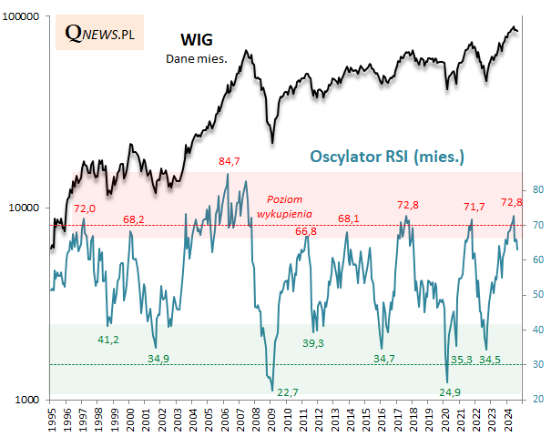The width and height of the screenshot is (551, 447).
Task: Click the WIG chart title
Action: click(197, 42)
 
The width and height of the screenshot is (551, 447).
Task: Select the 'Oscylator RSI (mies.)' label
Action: click(388, 157)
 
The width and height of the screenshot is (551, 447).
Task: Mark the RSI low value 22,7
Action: click(288, 392)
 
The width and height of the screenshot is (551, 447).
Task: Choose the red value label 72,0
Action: click(84, 208)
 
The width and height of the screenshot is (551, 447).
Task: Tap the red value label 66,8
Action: click(307, 232)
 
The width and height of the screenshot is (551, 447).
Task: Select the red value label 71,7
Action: click(474, 208)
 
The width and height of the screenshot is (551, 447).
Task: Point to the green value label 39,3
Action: click(313, 342)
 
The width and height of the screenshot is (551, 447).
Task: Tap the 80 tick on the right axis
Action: click(538, 189)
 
